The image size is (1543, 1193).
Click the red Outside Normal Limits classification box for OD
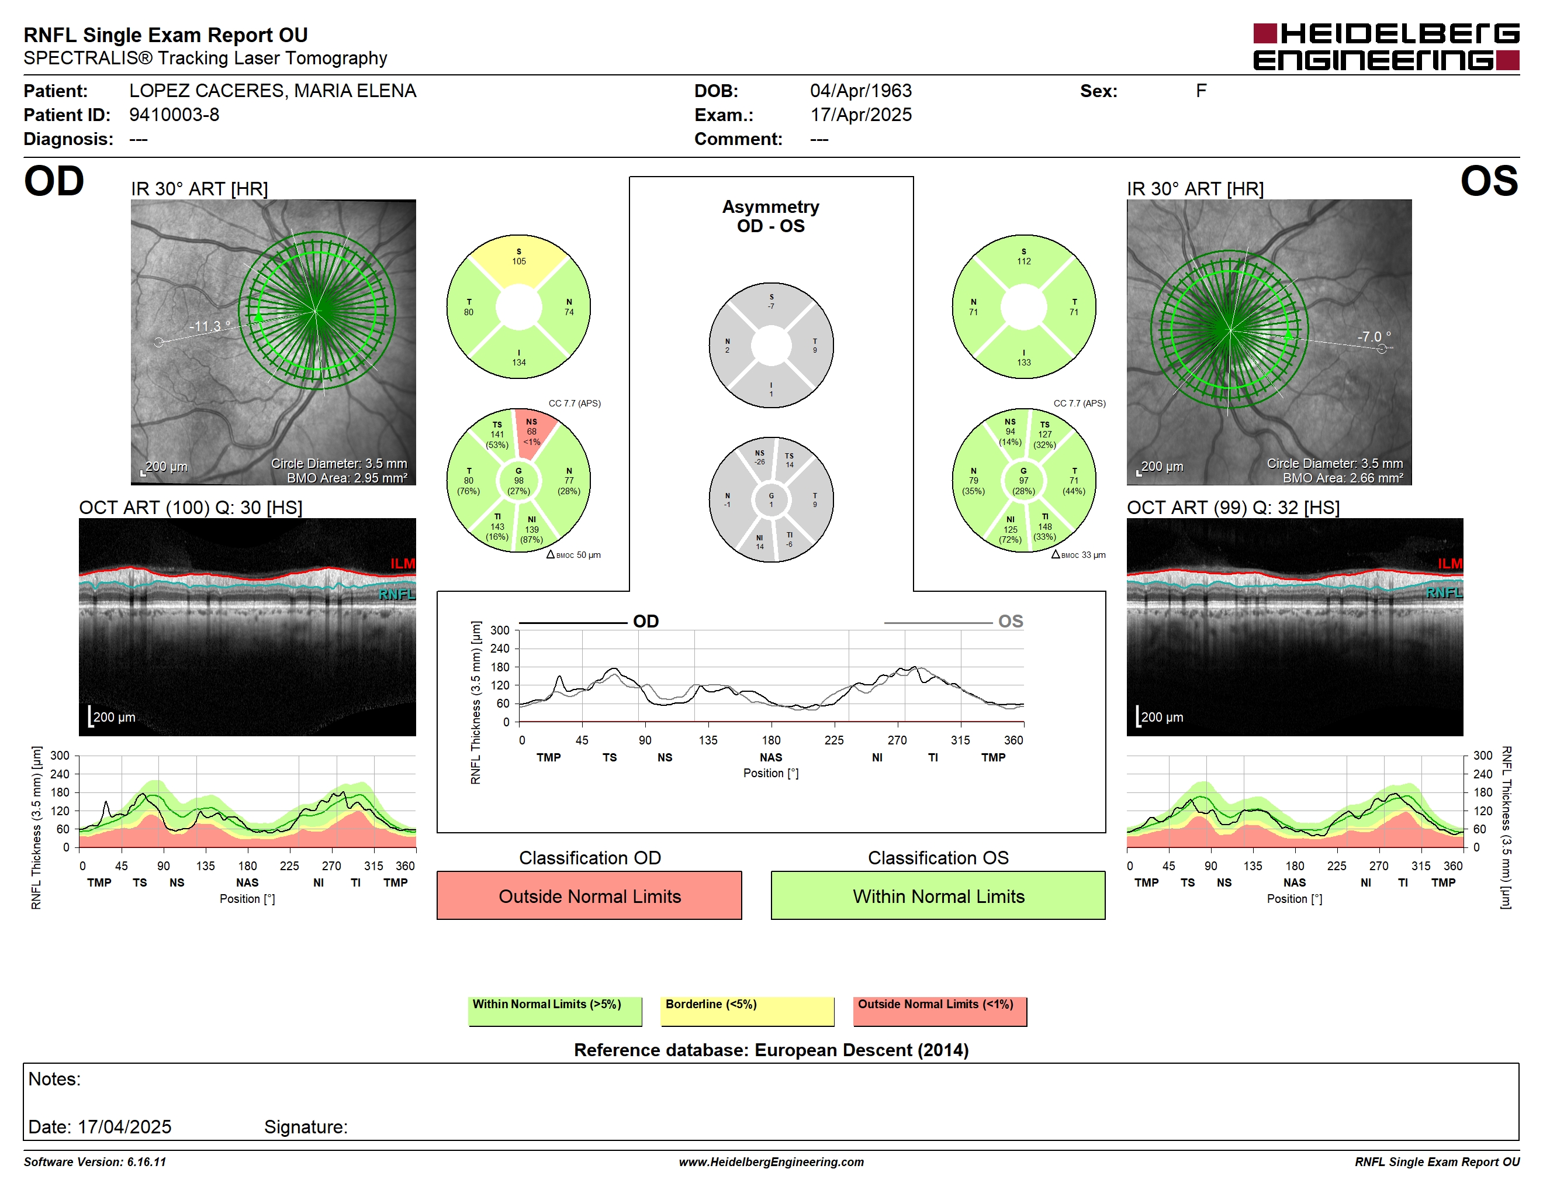click(x=589, y=895)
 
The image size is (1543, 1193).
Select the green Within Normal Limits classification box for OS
click(x=937, y=895)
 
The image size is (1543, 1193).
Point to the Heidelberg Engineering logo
click(x=1386, y=47)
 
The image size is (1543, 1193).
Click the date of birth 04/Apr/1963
click(x=860, y=91)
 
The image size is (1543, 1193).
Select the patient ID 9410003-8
click(x=174, y=115)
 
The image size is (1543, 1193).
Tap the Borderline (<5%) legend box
click(x=748, y=1011)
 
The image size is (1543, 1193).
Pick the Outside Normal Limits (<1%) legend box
click(x=940, y=1011)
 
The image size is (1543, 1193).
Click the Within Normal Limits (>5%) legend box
click(x=555, y=1011)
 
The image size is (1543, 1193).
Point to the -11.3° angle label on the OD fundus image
click(x=210, y=326)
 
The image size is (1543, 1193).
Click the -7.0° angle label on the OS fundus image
click(x=1374, y=336)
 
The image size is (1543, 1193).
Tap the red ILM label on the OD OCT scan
click(x=403, y=563)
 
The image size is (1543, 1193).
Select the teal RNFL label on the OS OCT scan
click(x=1444, y=592)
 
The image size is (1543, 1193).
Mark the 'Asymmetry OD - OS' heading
click(x=771, y=216)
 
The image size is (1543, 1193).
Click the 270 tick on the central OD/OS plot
click(x=897, y=740)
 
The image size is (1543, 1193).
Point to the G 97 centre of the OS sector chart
click(x=1024, y=481)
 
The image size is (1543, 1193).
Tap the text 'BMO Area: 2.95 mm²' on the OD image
click(x=347, y=478)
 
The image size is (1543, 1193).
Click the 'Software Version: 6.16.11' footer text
click(x=95, y=1162)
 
